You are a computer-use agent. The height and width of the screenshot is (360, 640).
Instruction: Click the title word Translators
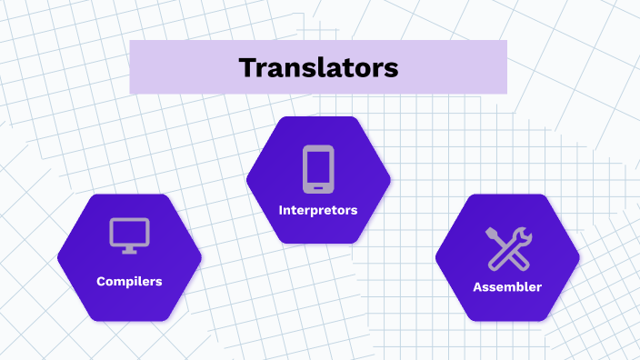[318, 67]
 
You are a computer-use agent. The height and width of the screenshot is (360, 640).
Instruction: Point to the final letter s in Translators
[392, 69]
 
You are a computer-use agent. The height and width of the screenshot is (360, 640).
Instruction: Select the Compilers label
[129, 281]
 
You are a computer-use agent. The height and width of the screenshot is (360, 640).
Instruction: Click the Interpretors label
[318, 210]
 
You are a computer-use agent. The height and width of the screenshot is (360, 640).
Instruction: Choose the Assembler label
[507, 286]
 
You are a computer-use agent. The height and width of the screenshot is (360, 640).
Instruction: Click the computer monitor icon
[129, 235]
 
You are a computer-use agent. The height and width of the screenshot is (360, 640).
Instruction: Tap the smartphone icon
[318, 169]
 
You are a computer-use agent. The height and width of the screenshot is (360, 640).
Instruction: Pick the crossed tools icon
[508, 247]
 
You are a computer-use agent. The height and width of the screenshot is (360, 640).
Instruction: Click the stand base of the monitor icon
[129, 251]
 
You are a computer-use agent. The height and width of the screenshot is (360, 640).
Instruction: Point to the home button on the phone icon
[318, 186]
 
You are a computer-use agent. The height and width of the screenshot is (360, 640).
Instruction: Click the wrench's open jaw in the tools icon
[524, 234]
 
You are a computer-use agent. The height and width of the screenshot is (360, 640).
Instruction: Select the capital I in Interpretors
[281, 210]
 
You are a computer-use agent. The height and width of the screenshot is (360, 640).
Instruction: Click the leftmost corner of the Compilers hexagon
[58, 257]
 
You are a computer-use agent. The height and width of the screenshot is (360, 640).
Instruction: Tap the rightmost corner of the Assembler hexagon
[579, 257]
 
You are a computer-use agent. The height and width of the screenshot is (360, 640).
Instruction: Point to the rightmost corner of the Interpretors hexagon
[390, 180]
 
